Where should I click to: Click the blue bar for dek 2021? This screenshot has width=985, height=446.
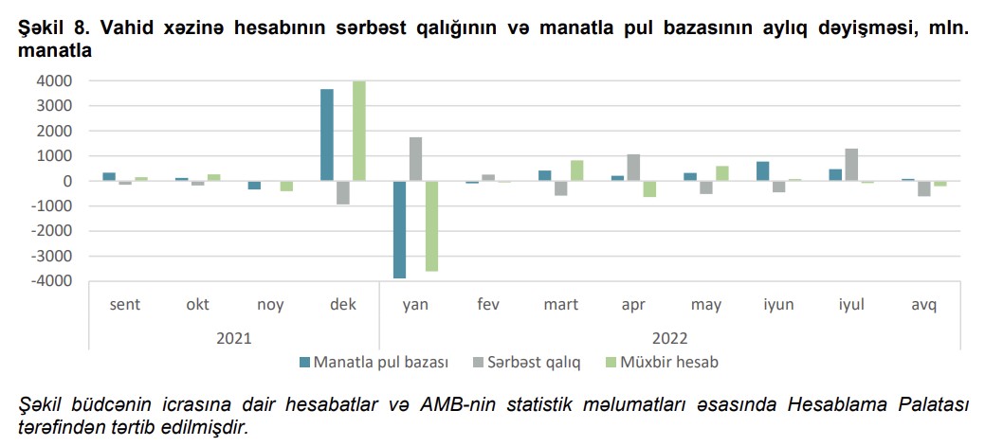tap(327, 134)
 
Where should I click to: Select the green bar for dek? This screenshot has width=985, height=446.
tap(359, 131)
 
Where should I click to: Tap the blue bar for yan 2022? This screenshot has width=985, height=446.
tap(399, 229)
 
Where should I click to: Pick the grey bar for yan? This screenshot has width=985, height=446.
tap(415, 159)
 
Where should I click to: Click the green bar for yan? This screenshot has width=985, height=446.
tap(431, 225)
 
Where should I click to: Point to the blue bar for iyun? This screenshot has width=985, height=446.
tap(763, 171)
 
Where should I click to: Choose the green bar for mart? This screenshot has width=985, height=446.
tap(577, 170)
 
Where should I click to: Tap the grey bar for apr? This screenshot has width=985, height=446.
tap(633, 168)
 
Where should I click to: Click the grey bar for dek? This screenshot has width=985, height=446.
tap(343, 192)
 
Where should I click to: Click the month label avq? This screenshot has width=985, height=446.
tap(923, 305)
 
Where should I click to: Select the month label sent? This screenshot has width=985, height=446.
tap(126, 305)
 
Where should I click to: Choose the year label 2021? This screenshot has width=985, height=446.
tap(234, 337)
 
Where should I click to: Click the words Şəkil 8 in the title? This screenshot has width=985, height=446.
tap(49, 29)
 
